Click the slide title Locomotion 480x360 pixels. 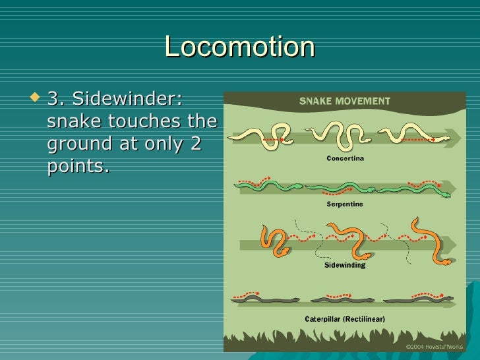click(x=240, y=47)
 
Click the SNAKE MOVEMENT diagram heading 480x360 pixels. click(x=345, y=102)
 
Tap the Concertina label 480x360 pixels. click(x=345, y=158)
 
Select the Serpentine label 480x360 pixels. click(x=345, y=204)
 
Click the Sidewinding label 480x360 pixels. click(x=345, y=266)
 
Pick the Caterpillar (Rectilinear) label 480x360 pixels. click(x=345, y=319)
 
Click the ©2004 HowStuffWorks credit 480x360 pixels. click(x=435, y=346)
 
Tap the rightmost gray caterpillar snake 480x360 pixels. click(x=419, y=300)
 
